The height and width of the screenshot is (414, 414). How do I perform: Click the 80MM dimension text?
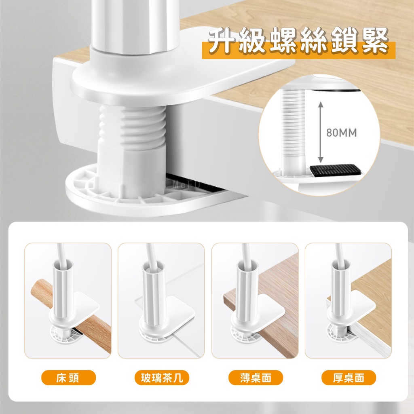point(341,133)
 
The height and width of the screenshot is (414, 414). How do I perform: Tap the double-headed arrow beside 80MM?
point(321,132)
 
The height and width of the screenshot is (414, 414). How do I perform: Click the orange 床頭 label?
point(68,377)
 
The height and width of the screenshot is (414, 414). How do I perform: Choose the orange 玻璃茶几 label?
point(162,377)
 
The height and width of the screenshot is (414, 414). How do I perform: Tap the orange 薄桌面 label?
point(256,377)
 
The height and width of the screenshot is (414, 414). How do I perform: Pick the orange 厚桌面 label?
point(349,377)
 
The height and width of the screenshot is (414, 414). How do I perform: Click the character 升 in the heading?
point(222,42)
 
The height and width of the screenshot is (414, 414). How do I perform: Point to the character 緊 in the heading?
point(374,42)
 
